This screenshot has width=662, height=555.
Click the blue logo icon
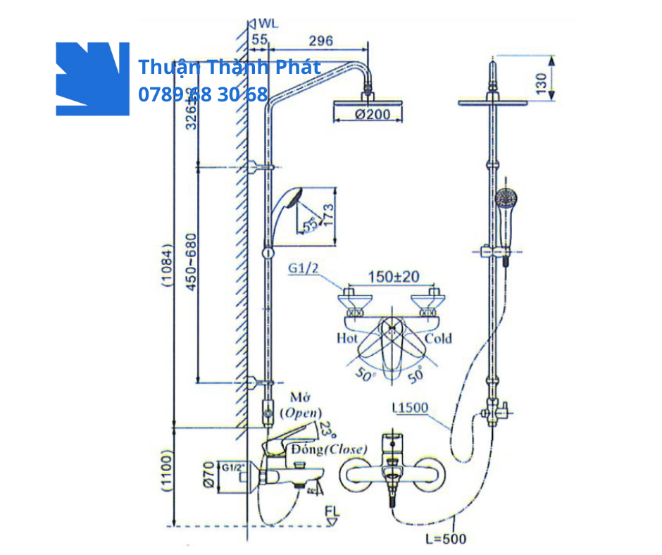pos(92,78)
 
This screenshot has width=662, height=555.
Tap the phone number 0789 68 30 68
pos(203,94)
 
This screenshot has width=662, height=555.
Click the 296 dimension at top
pos(320,41)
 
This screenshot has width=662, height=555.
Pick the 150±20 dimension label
pos(392,277)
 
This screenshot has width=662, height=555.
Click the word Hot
pos(346,338)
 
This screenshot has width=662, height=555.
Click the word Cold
pos(437,338)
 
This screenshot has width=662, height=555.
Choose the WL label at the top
pos(268,23)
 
